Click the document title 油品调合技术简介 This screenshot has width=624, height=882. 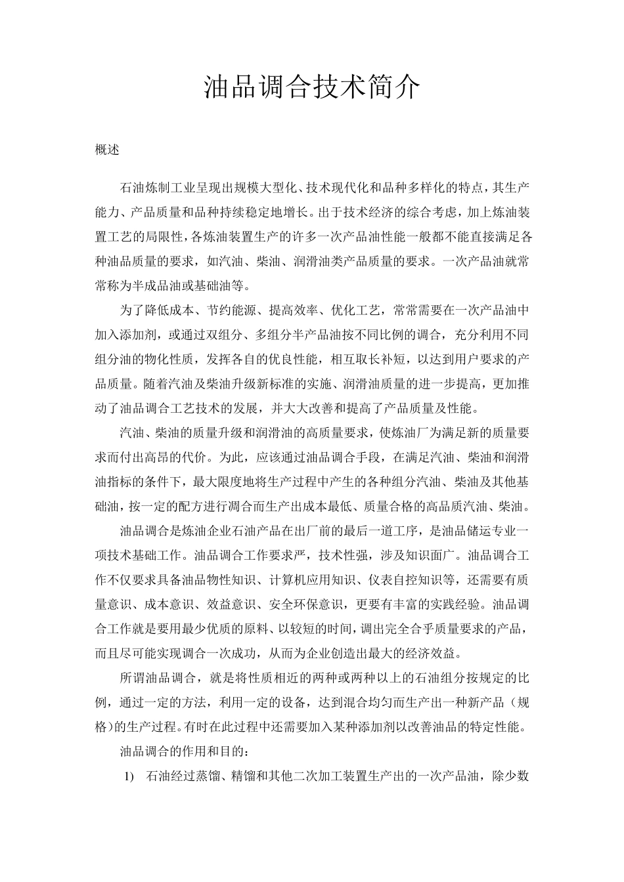click(311, 87)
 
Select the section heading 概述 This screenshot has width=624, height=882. click(107, 150)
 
